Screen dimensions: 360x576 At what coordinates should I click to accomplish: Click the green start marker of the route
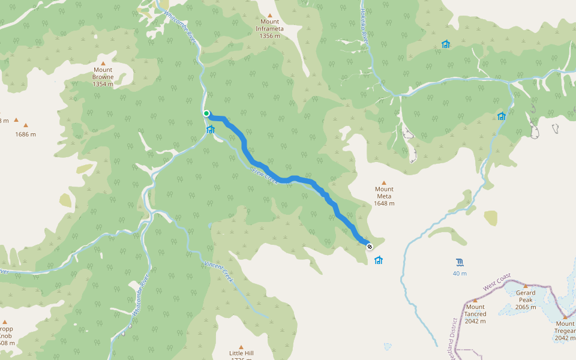point(206,113)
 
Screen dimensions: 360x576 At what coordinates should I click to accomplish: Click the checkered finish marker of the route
point(370,246)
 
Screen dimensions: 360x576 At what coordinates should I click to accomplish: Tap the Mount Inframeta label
point(270,29)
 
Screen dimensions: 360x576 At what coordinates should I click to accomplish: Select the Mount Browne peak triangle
point(103,63)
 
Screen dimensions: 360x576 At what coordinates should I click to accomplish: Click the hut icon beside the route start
point(211,129)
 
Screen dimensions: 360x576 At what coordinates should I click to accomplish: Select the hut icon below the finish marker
point(379,260)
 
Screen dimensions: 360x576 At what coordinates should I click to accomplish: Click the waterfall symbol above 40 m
point(460,262)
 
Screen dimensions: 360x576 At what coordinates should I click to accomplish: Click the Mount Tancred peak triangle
point(475,300)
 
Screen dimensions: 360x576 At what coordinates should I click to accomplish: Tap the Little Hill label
point(241,353)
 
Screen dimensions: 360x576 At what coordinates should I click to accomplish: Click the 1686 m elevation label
point(26,134)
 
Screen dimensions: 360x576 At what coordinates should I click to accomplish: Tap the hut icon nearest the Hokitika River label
point(446,44)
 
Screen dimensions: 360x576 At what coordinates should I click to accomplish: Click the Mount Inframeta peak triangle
point(270,16)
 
